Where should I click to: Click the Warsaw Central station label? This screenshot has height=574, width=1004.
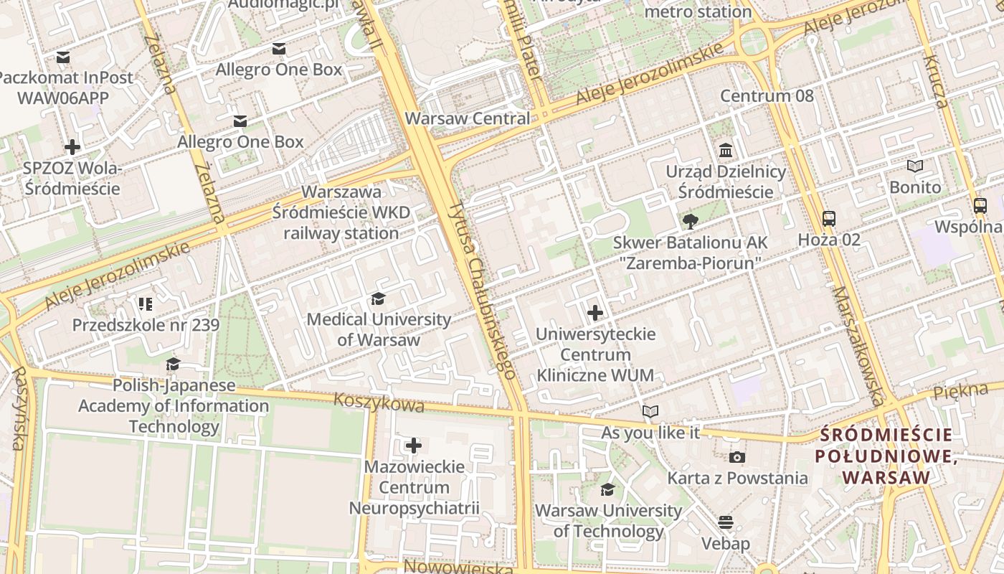[x=468, y=118]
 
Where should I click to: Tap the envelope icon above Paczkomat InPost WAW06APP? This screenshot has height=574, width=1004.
[x=63, y=57]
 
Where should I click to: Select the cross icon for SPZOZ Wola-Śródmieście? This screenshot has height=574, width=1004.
[x=72, y=148]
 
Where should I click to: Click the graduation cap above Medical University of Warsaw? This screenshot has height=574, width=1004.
[x=378, y=299]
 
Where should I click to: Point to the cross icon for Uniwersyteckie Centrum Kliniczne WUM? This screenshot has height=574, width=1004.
[x=595, y=313]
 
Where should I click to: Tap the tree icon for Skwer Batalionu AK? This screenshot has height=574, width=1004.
[x=690, y=222]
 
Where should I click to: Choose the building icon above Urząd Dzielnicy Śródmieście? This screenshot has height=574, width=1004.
[x=726, y=151]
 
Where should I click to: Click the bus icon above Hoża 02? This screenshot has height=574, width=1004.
[x=828, y=218]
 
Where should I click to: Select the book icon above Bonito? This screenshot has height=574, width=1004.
[x=914, y=166]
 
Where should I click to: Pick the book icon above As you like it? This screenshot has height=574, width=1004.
[x=650, y=412]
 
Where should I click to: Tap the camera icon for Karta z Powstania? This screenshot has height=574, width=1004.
[x=737, y=457]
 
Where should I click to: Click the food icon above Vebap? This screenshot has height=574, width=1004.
[x=726, y=522]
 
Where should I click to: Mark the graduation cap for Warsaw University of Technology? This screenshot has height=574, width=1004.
[x=607, y=490]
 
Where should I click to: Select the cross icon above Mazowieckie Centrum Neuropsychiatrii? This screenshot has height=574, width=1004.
[x=414, y=446]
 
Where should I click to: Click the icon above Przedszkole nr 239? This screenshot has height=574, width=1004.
[x=146, y=304]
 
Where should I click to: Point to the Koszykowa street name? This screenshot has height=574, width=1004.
[x=379, y=403]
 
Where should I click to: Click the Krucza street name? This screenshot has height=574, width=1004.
[x=935, y=81]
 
